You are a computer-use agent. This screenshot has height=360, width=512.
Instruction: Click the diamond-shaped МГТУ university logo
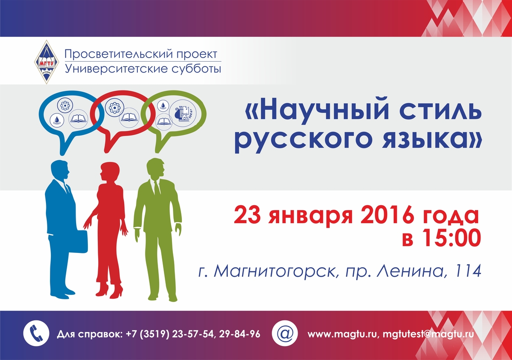click(x=47, y=62)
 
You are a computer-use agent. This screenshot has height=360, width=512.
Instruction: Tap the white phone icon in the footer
click(x=36, y=333)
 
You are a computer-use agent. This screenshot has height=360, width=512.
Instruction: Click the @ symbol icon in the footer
click(x=285, y=333)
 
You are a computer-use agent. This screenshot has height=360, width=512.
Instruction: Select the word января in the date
click(x=311, y=217)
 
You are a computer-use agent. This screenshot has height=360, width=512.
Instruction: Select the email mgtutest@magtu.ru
click(x=428, y=334)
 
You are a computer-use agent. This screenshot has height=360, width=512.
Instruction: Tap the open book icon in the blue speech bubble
click(x=79, y=118)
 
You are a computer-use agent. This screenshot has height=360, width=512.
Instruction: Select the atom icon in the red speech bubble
click(x=114, y=107)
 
